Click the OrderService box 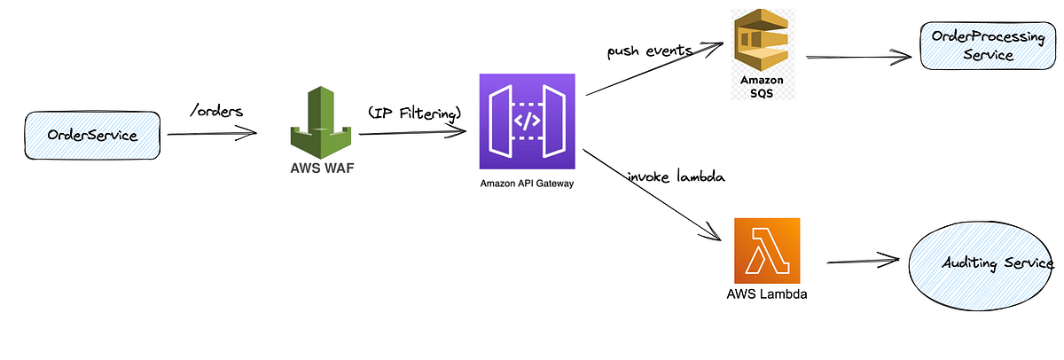pos(93,135)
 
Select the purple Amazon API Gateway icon pos(527,121)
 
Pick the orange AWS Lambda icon pos(767,250)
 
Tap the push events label pos(649,51)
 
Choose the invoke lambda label pos(676,176)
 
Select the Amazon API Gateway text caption pos(527,184)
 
